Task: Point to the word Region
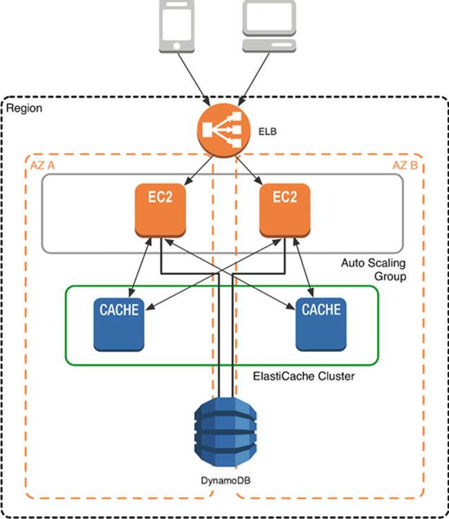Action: tap(25, 108)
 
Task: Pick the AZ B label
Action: tap(403, 165)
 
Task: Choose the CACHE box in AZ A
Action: tap(119, 323)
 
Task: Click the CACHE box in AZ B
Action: tap(322, 323)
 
